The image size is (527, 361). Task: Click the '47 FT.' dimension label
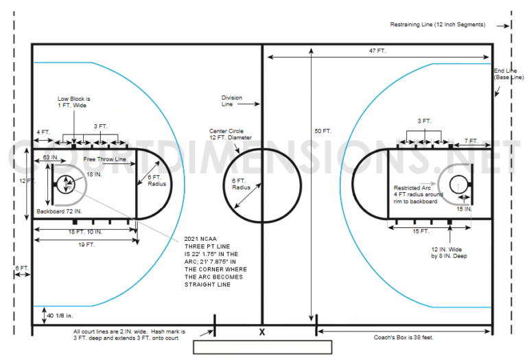(377, 51)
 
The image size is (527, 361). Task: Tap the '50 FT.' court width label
(323, 131)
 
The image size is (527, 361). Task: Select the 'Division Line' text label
(231, 101)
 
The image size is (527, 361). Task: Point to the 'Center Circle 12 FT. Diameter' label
(231, 134)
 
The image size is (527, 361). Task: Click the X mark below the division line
(262, 332)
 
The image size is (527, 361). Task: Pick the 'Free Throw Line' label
(104, 159)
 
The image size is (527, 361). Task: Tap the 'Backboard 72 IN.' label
(59, 211)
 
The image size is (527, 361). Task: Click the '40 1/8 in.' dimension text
(60, 316)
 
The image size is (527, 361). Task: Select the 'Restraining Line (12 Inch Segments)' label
(438, 25)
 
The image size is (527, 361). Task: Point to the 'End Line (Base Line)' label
(508, 74)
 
